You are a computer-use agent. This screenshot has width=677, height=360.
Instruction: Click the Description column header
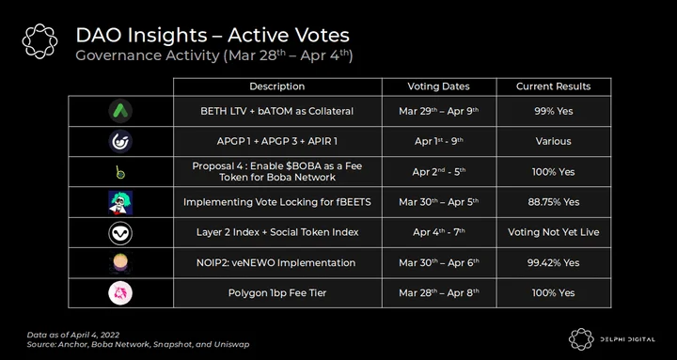pyautogui.click(x=277, y=86)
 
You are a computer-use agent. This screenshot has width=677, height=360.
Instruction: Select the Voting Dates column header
pyautogui.click(x=439, y=86)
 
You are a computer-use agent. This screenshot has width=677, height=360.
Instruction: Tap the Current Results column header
pyautogui.click(x=553, y=86)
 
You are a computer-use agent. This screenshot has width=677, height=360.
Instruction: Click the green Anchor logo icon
pyautogui.click(x=120, y=111)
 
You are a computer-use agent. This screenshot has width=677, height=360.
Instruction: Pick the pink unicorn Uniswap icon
pyautogui.click(x=120, y=293)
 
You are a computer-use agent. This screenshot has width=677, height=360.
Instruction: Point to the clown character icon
pyautogui.click(x=120, y=202)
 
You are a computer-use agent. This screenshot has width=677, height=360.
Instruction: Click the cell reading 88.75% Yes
pyautogui.click(x=553, y=202)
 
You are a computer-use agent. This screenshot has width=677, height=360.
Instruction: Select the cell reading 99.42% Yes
pyautogui.click(x=553, y=262)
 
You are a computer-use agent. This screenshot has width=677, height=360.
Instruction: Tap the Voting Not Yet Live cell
pyautogui.click(x=553, y=232)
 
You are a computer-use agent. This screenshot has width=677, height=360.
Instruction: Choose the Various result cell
pyautogui.click(x=553, y=141)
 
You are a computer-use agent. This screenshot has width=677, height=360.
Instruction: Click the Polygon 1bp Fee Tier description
pyautogui.click(x=277, y=293)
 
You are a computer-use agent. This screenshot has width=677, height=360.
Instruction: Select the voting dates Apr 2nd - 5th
pyautogui.click(x=439, y=171)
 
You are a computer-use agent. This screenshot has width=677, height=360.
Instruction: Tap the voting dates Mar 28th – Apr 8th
pyautogui.click(x=439, y=293)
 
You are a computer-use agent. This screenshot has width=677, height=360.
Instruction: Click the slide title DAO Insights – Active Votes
pyautogui.click(x=213, y=35)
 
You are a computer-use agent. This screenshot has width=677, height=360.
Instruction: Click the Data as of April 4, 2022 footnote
pyautogui.click(x=73, y=335)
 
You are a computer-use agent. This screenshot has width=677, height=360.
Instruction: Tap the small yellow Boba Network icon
pyautogui.click(x=121, y=172)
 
